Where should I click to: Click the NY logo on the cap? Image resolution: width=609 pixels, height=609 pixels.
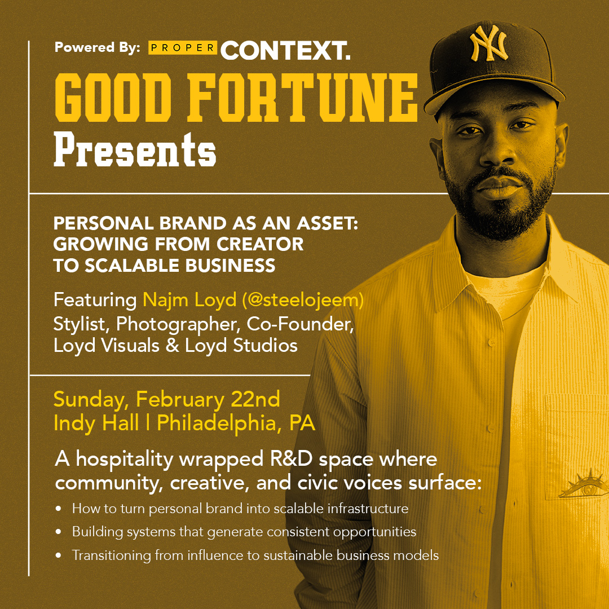(488, 43)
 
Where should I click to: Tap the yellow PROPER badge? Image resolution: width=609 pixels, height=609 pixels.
(183, 47)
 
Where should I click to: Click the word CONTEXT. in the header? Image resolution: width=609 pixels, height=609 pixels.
(286, 51)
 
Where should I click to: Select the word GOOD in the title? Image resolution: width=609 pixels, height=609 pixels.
(113, 98)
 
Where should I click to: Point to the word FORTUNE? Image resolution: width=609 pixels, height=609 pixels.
(303, 98)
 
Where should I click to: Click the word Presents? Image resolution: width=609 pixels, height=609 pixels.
(135, 149)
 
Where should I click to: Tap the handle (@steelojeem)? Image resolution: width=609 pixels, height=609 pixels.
(303, 300)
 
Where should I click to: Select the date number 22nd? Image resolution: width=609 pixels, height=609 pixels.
(255, 399)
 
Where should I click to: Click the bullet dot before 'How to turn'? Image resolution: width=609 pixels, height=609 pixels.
(59, 509)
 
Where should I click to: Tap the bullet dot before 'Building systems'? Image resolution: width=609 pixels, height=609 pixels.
(59, 532)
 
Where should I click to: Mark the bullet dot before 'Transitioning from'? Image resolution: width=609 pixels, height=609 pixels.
(59, 555)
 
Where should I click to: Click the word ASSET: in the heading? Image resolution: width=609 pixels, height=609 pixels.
(328, 223)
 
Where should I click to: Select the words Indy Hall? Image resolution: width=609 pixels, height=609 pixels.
(96, 423)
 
